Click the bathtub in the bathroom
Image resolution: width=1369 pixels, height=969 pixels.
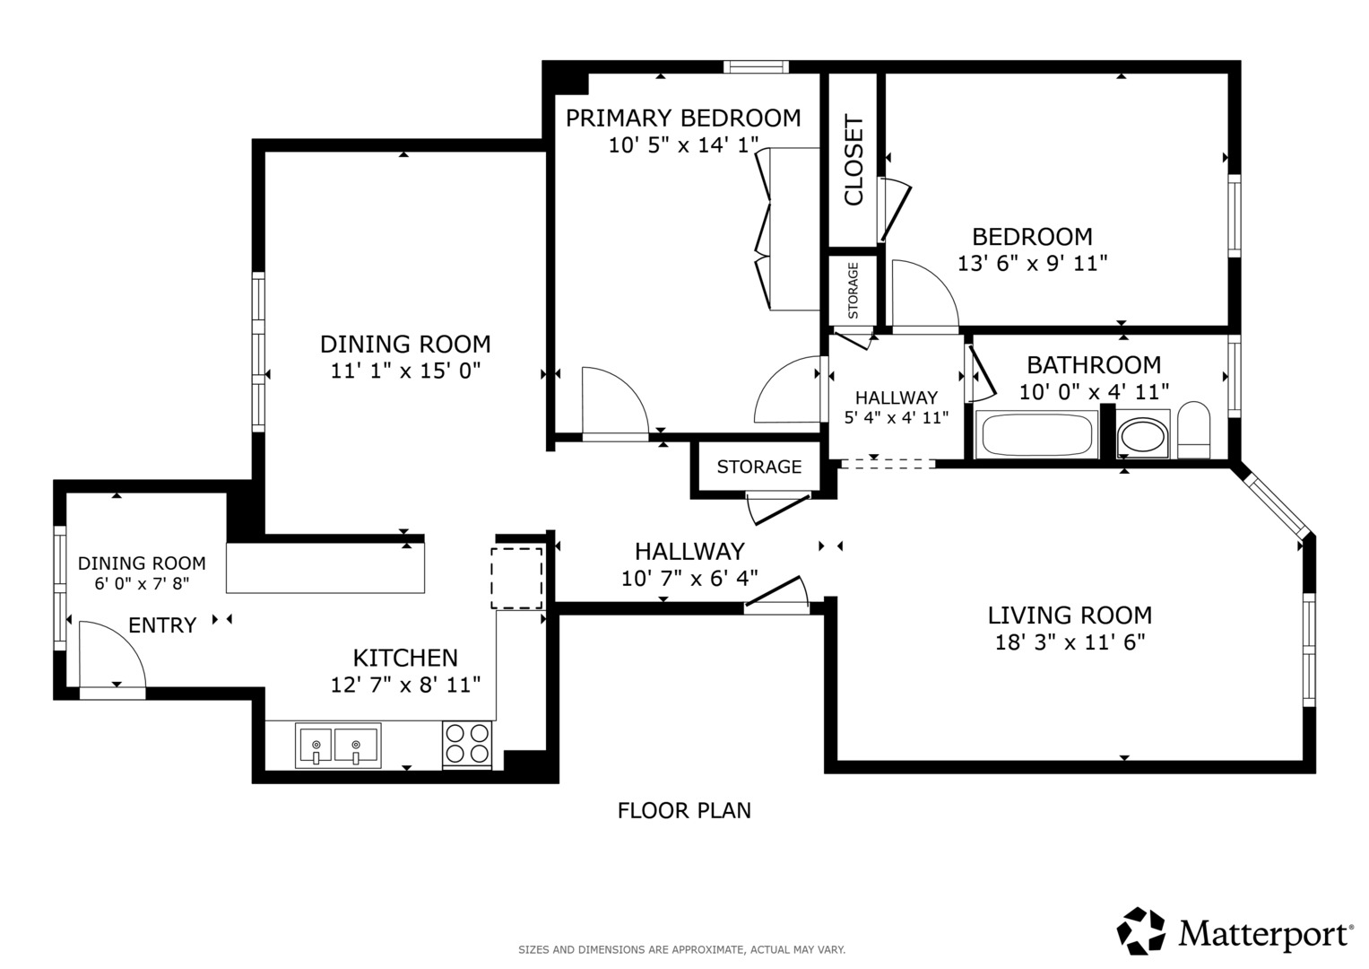(x=1037, y=435)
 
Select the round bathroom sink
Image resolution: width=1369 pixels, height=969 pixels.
(x=1142, y=437)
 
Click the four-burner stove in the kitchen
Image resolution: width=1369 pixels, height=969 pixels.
(x=467, y=744)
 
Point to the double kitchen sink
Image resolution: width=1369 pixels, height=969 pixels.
(x=337, y=746)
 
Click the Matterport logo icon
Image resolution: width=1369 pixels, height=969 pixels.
(x=1140, y=930)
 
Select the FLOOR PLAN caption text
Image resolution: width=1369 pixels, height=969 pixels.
(x=684, y=810)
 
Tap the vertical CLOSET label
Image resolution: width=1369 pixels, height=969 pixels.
(x=853, y=160)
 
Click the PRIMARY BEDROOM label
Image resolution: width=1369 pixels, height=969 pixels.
(x=683, y=118)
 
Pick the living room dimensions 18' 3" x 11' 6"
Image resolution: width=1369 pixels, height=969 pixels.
(x=1070, y=642)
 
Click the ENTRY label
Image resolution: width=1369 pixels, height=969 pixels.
(x=162, y=625)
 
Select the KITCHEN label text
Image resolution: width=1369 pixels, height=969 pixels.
(x=405, y=658)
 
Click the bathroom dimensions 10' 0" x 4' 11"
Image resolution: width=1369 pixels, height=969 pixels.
(x=1094, y=392)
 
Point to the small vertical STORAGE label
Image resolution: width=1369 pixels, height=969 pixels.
(x=853, y=290)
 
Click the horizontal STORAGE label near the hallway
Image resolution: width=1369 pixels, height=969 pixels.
(x=758, y=467)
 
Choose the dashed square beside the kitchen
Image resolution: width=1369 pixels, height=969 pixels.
(x=516, y=578)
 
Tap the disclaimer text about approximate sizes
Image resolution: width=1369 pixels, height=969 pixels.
(x=681, y=949)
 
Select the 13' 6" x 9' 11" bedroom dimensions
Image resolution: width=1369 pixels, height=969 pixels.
(x=1032, y=264)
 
